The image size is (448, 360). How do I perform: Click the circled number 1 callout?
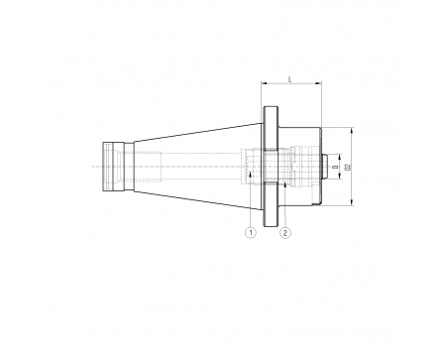tap(251, 233)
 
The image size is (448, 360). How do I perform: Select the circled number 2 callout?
tap(285, 233)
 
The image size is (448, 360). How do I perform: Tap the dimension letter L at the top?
tap(289, 79)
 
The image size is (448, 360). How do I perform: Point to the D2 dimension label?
tap(347, 167)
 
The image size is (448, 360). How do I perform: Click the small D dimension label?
tap(336, 168)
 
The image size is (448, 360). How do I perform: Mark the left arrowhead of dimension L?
tap(264, 83)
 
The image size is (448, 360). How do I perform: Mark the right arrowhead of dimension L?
tap(319, 83)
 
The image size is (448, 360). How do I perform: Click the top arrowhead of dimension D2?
tap(352, 130)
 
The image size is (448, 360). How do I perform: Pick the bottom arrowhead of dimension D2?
tap(352, 202)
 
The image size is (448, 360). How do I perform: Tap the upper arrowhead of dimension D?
tap(340, 157)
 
